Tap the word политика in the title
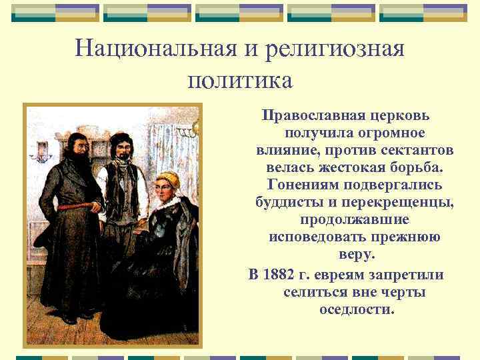pos(240,81)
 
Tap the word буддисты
pos(287,201)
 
